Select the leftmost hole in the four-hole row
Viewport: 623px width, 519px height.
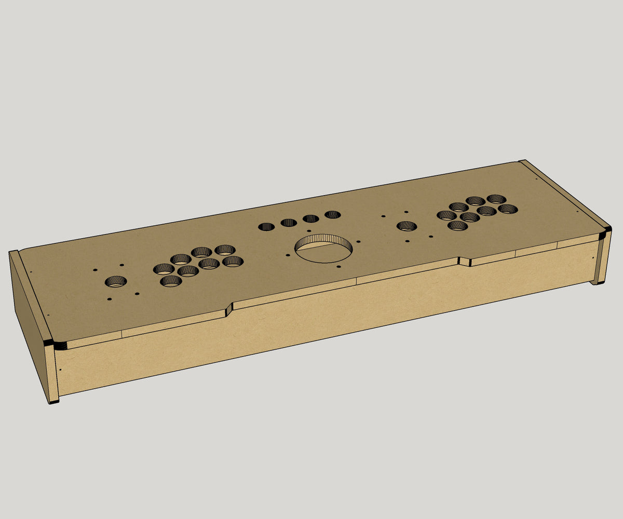tap(267, 227)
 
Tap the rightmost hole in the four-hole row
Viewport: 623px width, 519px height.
tap(332, 214)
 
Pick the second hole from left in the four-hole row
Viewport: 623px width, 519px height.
tap(289, 223)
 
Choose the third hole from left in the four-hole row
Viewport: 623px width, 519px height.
tap(310, 218)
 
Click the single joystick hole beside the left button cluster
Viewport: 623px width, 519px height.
tap(116, 282)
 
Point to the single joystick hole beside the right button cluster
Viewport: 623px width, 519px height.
tap(407, 226)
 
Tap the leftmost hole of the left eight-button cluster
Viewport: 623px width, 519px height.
tap(164, 269)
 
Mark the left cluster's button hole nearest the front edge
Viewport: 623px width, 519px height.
tap(171, 281)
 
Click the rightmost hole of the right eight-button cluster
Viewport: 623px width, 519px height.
tap(508, 209)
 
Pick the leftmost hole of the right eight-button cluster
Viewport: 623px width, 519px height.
tap(446, 215)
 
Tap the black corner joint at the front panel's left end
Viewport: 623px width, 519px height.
tap(50, 343)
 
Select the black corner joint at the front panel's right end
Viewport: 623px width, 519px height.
tap(603, 234)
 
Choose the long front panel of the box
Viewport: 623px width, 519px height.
tap(322, 317)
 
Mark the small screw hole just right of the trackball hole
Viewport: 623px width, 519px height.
tap(359, 241)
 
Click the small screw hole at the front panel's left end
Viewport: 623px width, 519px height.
tap(60, 370)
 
